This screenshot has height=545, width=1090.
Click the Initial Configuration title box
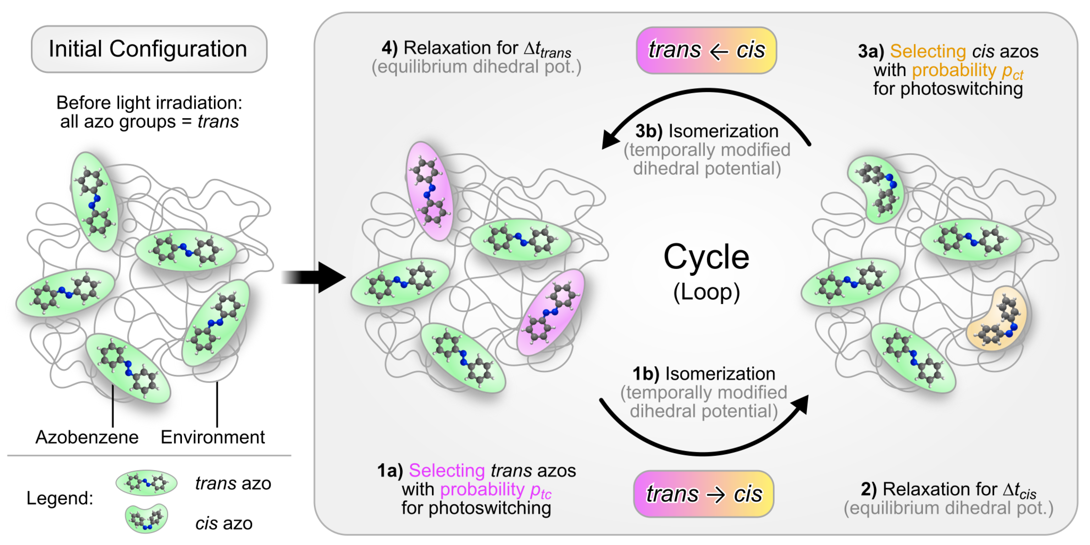click(149, 49)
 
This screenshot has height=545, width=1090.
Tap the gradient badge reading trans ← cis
click(706, 50)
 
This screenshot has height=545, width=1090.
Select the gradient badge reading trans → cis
click(703, 494)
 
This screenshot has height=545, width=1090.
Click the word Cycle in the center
click(706, 257)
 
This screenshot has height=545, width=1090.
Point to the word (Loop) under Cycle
click(706, 292)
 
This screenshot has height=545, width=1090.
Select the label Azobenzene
click(87, 437)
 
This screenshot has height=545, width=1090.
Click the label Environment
click(212, 437)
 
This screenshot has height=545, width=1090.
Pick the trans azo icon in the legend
click(146, 483)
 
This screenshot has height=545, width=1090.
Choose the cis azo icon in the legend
click(146, 518)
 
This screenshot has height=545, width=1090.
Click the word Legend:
click(60, 498)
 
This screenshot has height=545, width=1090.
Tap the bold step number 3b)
click(648, 131)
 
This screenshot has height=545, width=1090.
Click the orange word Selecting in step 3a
click(928, 51)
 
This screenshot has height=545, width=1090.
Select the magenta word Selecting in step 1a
click(447, 470)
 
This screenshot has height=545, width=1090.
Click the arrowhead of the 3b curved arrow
click(610, 140)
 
